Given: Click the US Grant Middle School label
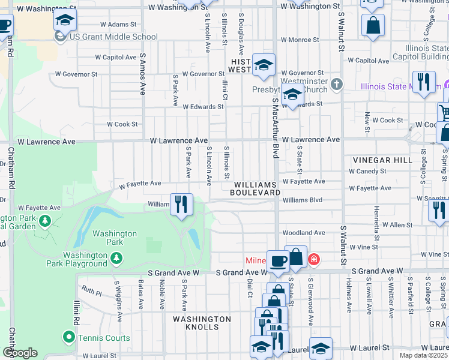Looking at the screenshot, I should pos(113,37).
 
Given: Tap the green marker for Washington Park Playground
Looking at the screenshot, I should pos(117,259).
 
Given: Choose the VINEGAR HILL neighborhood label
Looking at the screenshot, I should pos(382,160).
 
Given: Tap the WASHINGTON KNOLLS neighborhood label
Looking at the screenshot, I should pos(202,323).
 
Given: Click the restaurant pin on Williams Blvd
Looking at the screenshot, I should pos(181,205).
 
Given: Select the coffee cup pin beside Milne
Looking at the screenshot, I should pos(277,261).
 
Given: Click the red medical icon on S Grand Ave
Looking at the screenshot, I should pos(313,260).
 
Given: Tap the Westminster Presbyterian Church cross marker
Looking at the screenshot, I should pos(337,85).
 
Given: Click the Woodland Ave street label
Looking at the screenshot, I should pos(304,233).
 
